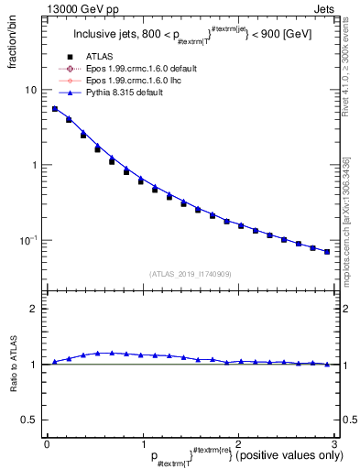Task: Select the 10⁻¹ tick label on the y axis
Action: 29,240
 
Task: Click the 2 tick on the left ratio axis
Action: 34,309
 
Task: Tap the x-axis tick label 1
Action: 142,444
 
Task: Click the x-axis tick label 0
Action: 47,444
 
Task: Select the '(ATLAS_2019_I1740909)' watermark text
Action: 190,273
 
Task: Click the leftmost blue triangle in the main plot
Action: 54,108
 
